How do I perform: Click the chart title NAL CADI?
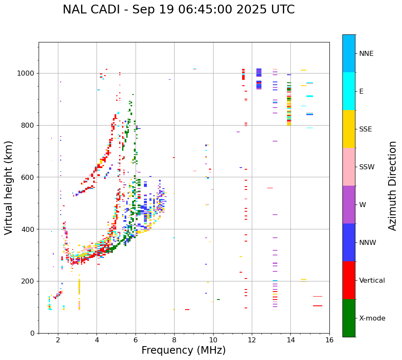pos(178,10)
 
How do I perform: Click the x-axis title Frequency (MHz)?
pos(183,350)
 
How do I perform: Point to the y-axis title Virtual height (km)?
pos(9,187)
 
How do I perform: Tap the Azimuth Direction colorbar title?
pos(392,186)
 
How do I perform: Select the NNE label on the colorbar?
pos(366,54)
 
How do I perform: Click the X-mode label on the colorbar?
pos(372,318)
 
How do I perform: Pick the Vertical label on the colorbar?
pos(372,281)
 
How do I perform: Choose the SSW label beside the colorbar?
pos(367,167)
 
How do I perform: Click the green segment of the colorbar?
pos(349,318)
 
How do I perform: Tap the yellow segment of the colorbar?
pos(349,129)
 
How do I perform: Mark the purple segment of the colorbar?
pos(349,205)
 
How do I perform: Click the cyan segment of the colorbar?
pos(349,91)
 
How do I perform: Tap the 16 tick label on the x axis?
pos(329,340)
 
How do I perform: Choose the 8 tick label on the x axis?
pos(174,340)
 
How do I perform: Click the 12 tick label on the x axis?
pos(252,340)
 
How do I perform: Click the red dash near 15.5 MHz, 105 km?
pos(317,306)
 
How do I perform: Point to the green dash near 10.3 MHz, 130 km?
pos(218,300)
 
